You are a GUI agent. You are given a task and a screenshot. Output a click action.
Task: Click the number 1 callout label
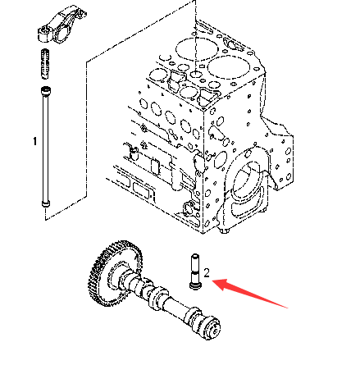34,141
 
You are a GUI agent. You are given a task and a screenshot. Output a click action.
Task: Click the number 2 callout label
207,273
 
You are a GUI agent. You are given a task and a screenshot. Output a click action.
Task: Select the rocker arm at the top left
62,25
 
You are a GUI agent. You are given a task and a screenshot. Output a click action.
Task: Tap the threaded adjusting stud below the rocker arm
45,64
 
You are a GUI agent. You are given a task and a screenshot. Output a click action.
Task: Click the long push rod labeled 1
45,147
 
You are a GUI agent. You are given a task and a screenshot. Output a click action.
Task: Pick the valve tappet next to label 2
195,271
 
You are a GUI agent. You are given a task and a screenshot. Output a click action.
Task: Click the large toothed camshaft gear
115,273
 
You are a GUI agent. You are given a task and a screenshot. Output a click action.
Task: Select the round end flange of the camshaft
213,328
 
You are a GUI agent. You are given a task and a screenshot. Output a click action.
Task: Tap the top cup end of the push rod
46,90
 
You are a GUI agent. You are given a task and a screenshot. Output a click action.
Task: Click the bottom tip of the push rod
46,204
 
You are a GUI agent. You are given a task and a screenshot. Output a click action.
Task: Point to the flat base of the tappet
195,286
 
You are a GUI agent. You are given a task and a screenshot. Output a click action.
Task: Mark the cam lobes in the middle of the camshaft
156,295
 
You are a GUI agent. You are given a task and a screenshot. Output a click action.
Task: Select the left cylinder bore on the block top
197,49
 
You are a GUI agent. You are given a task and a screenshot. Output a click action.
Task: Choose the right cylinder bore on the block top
229,67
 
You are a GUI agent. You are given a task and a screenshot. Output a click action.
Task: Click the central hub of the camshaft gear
121,276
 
